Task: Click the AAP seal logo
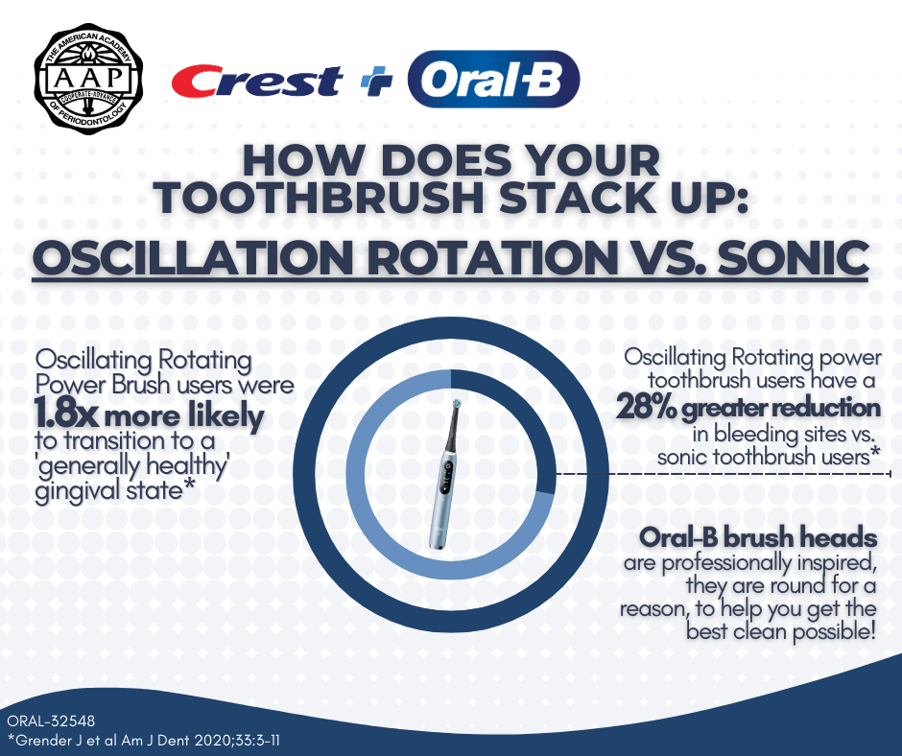click(88, 80)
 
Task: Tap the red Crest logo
click(256, 81)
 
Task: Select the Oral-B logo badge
click(493, 80)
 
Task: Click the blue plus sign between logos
click(376, 82)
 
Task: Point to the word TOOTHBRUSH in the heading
click(320, 198)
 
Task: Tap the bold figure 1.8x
click(66, 414)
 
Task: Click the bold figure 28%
click(647, 408)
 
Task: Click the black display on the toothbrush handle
click(446, 478)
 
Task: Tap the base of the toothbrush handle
click(436, 540)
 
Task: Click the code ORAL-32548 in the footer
click(51, 721)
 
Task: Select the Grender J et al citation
click(143, 740)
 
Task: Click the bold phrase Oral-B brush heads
click(758, 537)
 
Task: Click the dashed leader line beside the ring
click(723, 474)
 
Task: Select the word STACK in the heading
click(576, 198)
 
